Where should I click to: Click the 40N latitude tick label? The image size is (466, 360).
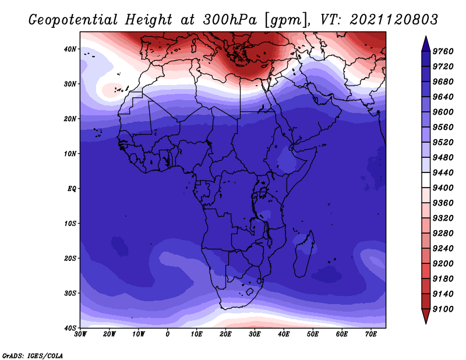pos(70,49)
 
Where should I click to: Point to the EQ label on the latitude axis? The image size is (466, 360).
pos(72,189)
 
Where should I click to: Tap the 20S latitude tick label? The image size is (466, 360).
pos(70,258)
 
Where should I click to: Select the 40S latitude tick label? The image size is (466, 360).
pos(70,328)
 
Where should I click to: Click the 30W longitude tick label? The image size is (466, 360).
pos(80,334)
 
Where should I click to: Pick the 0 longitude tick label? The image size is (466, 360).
pos(168,334)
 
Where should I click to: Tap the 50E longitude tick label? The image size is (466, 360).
pos(313,334)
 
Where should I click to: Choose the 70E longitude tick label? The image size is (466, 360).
pos(371,334)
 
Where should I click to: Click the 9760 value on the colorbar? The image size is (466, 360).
pos(443,51)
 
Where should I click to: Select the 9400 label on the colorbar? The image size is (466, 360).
pos(443,188)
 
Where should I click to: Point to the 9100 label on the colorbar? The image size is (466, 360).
pos(443,309)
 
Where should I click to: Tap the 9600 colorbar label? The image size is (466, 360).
pos(443,112)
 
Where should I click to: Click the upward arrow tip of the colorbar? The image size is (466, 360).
pos(426,36)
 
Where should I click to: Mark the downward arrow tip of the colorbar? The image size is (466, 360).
pos(426,324)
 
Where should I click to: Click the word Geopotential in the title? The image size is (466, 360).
pos(73,20)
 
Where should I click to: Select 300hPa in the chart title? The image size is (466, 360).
pos(230,20)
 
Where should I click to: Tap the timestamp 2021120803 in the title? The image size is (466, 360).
pos(394,20)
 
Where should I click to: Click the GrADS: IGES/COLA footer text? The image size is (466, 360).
pos(33,356)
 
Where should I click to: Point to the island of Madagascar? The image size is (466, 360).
pos(303,254)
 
